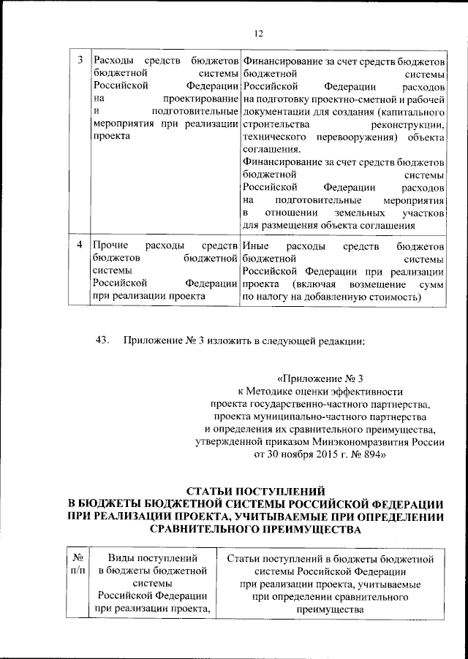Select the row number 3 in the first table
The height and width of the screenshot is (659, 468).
tap(79, 59)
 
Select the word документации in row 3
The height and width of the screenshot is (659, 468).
tap(277, 113)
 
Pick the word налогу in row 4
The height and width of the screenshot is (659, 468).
tap(278, 297)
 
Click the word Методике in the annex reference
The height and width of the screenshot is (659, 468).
tap(279, 392)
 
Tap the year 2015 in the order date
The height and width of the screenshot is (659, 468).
tap(317, 454)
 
